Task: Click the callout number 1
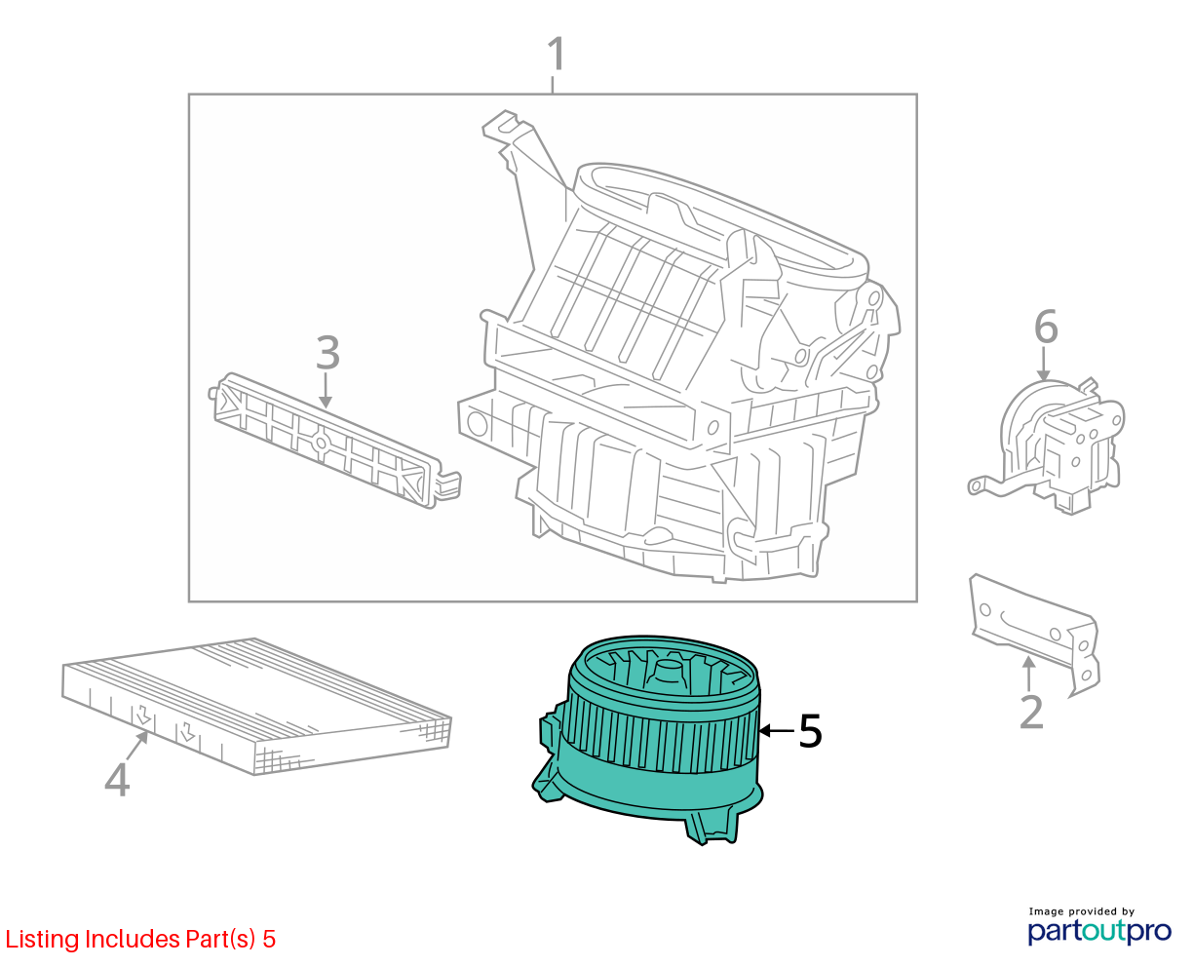[556, 54]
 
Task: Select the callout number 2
[1032, 712]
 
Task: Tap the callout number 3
[327, 353]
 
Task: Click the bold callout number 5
[810, 730]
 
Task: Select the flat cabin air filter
[256, 706]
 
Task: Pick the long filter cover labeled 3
[334, 441]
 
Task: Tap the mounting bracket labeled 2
[1035, 633]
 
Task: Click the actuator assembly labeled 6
[1046, 446]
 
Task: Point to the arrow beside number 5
[777, 730]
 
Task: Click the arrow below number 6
[1043, 364]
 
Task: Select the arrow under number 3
[326, 391]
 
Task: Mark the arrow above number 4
[137, 745]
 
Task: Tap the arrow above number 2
[1028, 674]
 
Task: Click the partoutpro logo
[1099, 932]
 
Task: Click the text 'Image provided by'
[1081, 911]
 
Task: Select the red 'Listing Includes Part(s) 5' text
[140, 939]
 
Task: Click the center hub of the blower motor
[668, 673]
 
